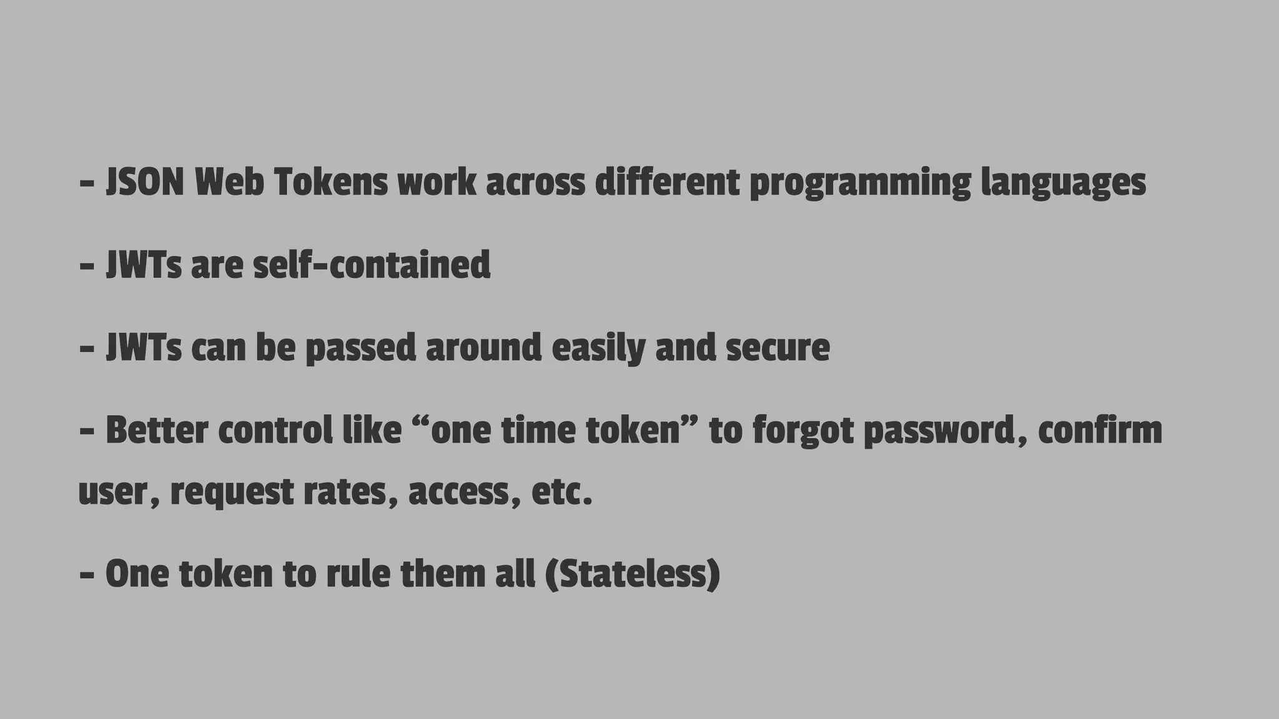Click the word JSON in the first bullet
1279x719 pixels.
pos(145,183)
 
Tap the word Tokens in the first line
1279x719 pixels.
pos(330,183)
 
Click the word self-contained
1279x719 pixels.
pos(372,265)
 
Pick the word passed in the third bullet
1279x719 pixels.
pos(360,348)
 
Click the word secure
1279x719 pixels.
pos(778,348)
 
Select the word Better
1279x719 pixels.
pos(156,431)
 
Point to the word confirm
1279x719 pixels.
pos(1100,431)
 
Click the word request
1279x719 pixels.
pos(232,493)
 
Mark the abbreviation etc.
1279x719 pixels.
pos(561,493)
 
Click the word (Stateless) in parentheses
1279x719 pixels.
pos(633,574)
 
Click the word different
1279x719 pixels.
pos(667,183)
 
